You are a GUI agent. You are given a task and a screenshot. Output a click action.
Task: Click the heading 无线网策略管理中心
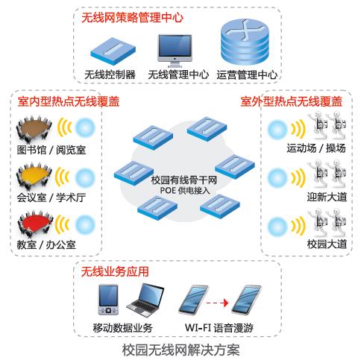[132, 18]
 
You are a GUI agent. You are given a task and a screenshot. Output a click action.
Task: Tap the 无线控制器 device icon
[113, 51]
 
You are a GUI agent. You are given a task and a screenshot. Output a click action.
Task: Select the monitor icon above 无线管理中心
[175, 51]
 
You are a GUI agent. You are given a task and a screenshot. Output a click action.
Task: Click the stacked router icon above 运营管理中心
[245, 42]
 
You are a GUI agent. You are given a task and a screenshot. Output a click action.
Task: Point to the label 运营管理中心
[247, 75]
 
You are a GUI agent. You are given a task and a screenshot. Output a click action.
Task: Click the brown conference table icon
[34, 129]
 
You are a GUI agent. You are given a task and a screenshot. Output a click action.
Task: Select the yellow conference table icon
[34, 176]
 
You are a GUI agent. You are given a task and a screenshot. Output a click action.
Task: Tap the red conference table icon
[35, 224]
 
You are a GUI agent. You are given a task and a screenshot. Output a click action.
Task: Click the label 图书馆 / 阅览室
[51, 150]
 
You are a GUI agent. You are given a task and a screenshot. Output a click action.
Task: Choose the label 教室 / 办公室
[46, 244]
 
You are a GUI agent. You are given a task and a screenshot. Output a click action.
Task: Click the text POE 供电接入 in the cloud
[185, 191]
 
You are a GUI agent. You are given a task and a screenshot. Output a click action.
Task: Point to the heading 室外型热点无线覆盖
[292, 101]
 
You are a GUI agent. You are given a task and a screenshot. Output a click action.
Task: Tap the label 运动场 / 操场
[316, 148]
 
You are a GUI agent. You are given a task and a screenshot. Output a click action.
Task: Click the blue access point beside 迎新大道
[277, 178]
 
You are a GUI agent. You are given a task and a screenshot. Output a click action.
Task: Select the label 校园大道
[327, 244]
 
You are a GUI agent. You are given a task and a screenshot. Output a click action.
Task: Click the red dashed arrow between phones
[217, 303]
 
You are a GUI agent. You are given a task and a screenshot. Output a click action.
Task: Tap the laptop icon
[145, 300]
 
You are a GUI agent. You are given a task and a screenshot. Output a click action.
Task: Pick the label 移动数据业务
[122, 328]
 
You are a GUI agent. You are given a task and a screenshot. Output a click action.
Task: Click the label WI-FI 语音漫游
[219, 328]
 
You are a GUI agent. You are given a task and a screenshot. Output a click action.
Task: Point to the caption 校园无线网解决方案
[181, 350]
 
